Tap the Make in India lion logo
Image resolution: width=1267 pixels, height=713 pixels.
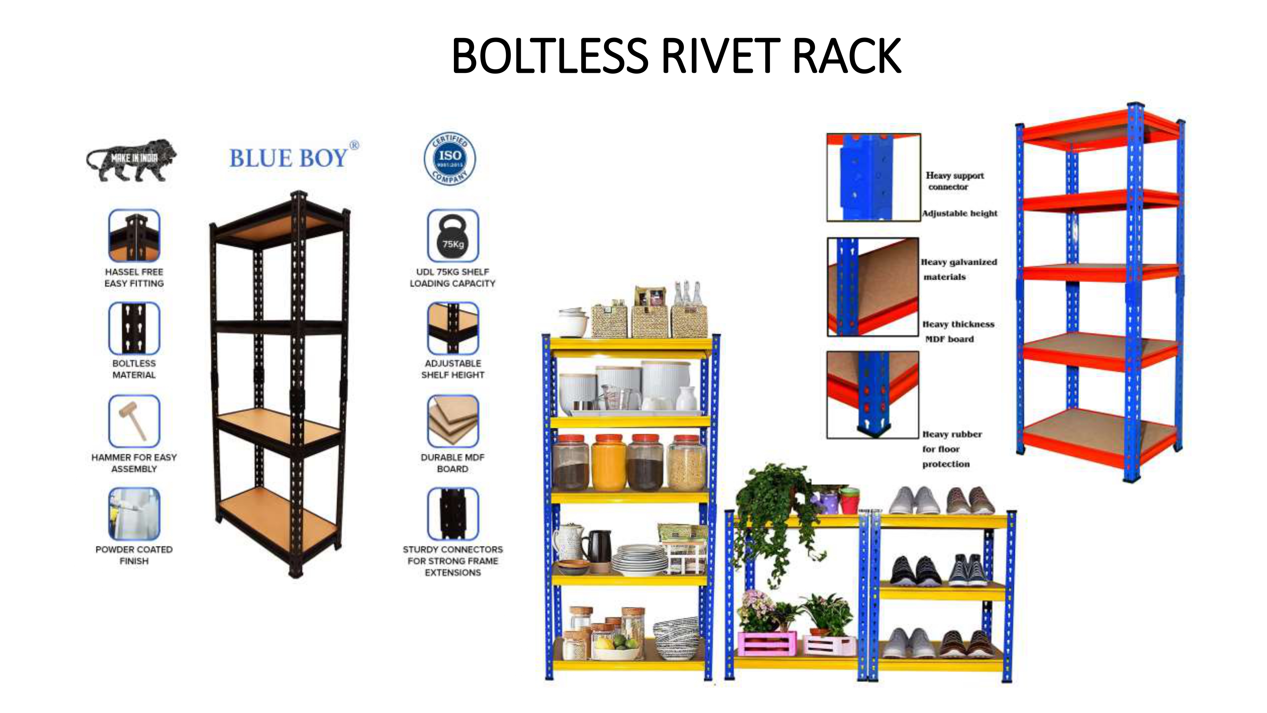tap(131, 160)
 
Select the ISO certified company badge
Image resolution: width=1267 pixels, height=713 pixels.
tap(449, 158)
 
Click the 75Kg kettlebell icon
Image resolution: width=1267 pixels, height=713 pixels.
tap(453, 236)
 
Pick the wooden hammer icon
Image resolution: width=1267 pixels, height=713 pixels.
tap(134, 421)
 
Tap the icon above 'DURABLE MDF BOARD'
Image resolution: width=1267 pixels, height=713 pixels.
tap(453, 421)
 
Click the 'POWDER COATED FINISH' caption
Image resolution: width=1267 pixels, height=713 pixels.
tap(134, 555)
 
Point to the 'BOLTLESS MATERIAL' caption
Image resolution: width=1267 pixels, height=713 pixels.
tap(134, 369)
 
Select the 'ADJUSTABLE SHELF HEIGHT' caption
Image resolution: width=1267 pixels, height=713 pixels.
tap(453, 369)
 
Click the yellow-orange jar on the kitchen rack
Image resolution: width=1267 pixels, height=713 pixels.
tap(608, 463)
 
